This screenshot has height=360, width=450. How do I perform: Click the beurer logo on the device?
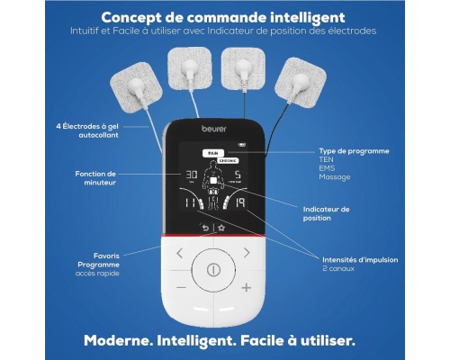click(x=214, y=129)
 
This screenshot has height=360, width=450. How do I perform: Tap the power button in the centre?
click(x=213, y=270)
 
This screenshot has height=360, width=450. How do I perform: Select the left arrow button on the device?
click(x=180, y=253)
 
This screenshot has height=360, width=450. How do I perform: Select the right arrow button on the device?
click(x=247, y=253)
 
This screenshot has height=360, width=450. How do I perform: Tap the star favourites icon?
click(x=221, y=229)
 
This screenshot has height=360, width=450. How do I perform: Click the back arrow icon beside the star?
click(x=205, y=229)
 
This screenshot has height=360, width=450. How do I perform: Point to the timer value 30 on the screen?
click(x=192, y=175)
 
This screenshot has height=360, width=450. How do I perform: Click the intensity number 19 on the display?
click(x=240, y=202)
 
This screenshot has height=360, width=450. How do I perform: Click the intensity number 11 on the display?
click(x=189, y=203)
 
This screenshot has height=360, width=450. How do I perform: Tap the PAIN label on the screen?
click(x=213, y=153)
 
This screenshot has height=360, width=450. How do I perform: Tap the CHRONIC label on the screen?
click(x=228, y=161)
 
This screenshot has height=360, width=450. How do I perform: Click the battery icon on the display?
click(x=242, y=145)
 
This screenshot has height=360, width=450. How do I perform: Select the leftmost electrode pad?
click(x=137, y=87)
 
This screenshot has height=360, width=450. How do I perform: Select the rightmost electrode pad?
click(x=301, y=82)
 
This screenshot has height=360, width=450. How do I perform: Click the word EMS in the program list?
click(x=327, y=168)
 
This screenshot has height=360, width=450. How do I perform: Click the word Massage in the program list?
click(x=335, y=177)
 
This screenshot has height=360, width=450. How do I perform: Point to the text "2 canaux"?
click(x=338, y=268)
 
